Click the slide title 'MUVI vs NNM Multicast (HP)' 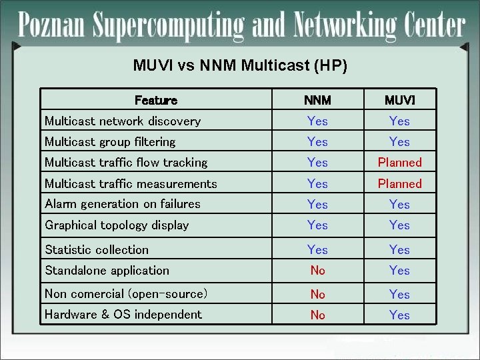pyautogui.click(x=240, y=65)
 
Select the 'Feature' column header pyautogui.click(x=155, y=101)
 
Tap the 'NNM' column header pyautogui.click(x=317, y=101)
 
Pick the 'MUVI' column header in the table pyautogui.click(x=399, y=101)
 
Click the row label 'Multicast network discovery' pyautogui.click(x=123, y=121)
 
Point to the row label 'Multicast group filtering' pyautogui.click(x=110, y=142)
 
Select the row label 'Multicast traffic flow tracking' pyautogui.click(x=126, y=163)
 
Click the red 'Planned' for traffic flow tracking pyautogui.click(x=399, y=163)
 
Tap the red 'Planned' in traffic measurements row pyautogui.click(x=399, y=184)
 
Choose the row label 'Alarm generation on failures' pyautogui.click(x=123, y=204)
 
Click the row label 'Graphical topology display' pyautogui.click(x=117, y=225)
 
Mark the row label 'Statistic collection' pyautogui.click(x=97, y=250)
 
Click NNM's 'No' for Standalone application pyautogui.click(x=317, y=271)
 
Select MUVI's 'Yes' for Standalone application pyautogui.click(x=399, y=271)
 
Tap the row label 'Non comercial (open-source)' pyautogui.click(x=126, y=294)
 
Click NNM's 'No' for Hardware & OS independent pyautogui.click(x=317, y=315)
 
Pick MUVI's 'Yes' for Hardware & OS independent pyautogui.click(x=399, y=315)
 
